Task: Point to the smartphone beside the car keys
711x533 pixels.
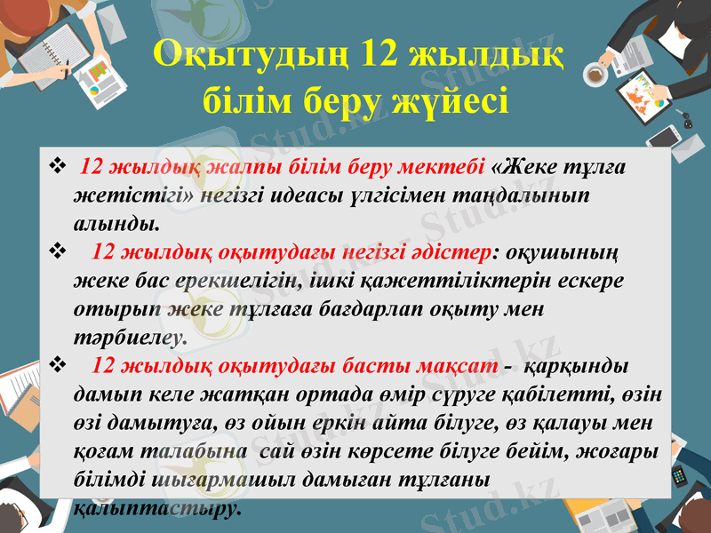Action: (x=662, y=136)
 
